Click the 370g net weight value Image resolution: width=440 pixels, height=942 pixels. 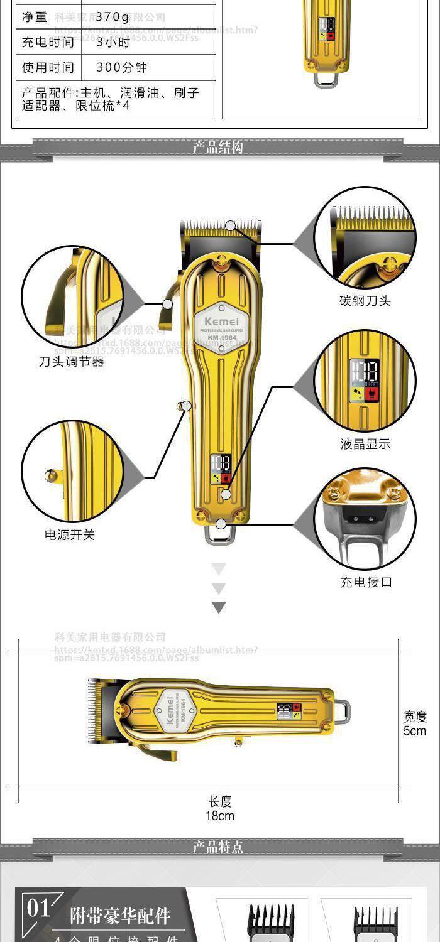[x=112, y=17]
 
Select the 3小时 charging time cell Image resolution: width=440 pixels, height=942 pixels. [x=113, y=42]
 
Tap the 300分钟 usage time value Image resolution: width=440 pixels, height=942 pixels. [x=121, y=67]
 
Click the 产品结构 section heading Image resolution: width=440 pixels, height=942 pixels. [x=217, y=148]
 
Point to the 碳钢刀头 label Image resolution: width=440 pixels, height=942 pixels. [x=365, y=301]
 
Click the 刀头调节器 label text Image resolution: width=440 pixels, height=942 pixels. [x=71, y=362]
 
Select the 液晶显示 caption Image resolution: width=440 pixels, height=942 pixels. [x=365, y=444]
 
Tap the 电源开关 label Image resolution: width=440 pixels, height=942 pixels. [x=69, y=535]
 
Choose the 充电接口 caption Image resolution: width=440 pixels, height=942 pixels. [x=366, y=582]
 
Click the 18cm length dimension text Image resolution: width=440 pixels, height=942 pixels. [x=220, y=816]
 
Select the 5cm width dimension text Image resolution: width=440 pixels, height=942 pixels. [x=415, y=730]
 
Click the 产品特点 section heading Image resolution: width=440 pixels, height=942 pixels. [x=217, y=847]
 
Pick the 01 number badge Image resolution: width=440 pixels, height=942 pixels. [x=39, y=907]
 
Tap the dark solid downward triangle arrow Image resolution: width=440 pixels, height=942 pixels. [x=218, y=607]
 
